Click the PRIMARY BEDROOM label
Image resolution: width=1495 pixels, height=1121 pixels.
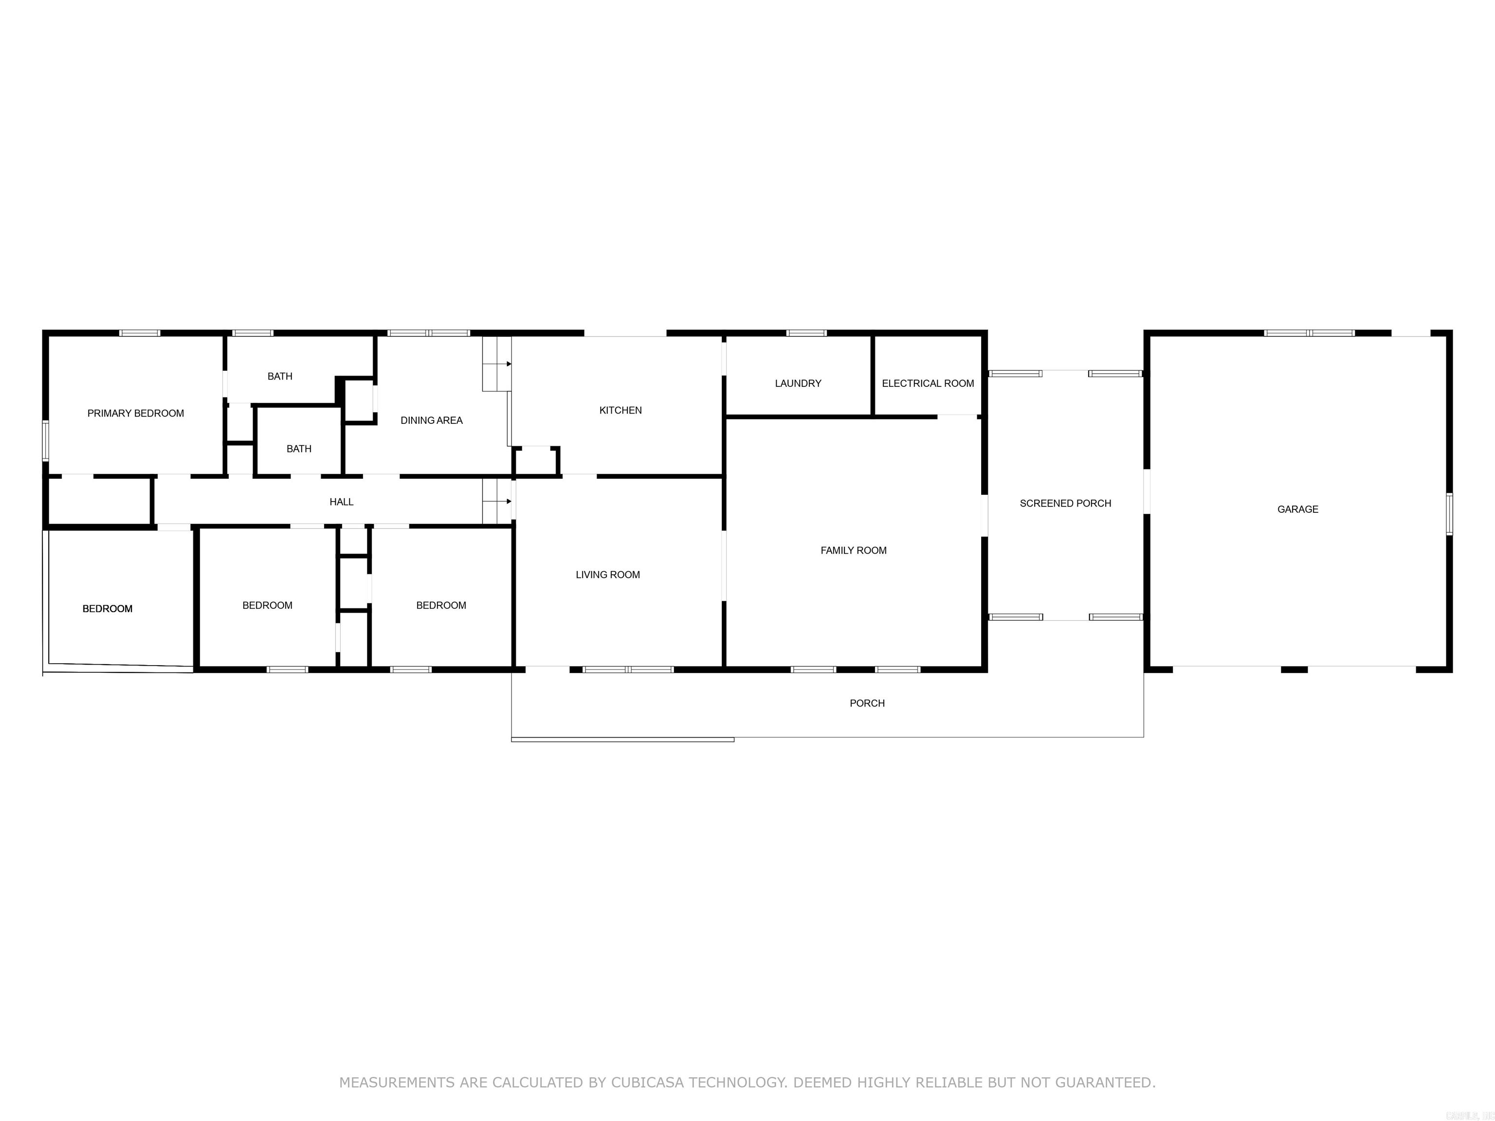[x=135, y=414]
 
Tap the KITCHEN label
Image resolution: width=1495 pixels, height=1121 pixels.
[x=620, y=410]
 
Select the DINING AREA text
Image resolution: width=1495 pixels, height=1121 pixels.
[x=431, y=420]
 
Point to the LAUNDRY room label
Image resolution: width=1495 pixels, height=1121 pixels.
[x=798, y=383]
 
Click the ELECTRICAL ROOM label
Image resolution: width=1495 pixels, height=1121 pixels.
[x=927, y=383]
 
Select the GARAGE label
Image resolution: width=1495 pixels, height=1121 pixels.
[x=1297, y=509]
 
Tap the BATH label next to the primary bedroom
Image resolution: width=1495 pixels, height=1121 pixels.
[x=280, y=377]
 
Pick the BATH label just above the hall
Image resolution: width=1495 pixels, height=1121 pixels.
[x=299, y=449]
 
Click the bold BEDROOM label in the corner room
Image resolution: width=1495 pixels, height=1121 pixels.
[x=108, y=609]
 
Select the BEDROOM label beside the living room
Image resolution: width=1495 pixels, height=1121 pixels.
[x=440, y=605]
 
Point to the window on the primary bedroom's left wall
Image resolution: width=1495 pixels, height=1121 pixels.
[x=46, y=440]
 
